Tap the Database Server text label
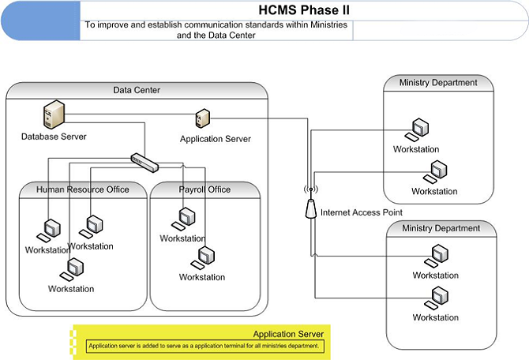pos(54,137)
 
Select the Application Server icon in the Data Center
pos(201,119)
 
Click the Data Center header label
pos(137,90)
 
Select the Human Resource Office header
pos(83,189)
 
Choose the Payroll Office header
pos(204,189)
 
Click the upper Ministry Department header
pos(438,82)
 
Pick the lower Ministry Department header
pos(441,228)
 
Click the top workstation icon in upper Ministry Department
pos(419,129)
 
